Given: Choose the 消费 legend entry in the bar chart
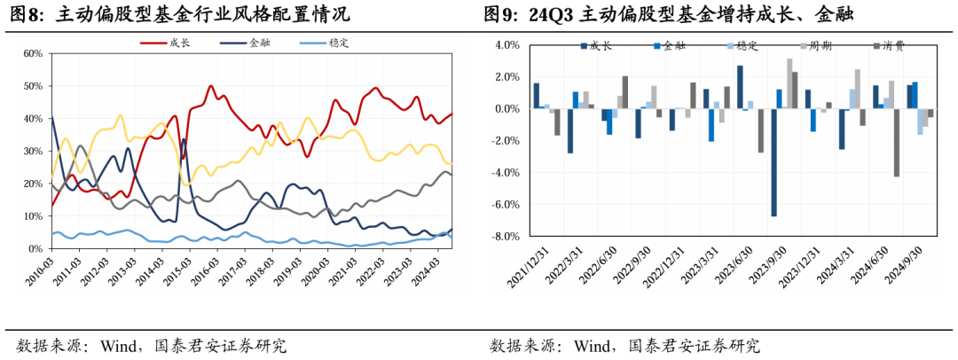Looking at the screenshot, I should pyautogui.click(x=889, y=45).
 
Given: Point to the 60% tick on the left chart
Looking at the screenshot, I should pyautogui.click(x=34, y=54).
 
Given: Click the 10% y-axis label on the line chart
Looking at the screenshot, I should pyautogui.click(x=34, y=216).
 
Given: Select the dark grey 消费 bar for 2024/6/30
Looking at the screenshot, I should pyautogui.click(x=897, y=143).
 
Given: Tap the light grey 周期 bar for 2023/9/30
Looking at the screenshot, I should pyautogui.click(x=789, y=83).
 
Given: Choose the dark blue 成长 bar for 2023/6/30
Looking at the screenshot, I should pyautogui.click(x=740, y=87).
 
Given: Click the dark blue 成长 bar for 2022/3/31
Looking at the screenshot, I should pyautogui.click(x=570, y=131).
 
